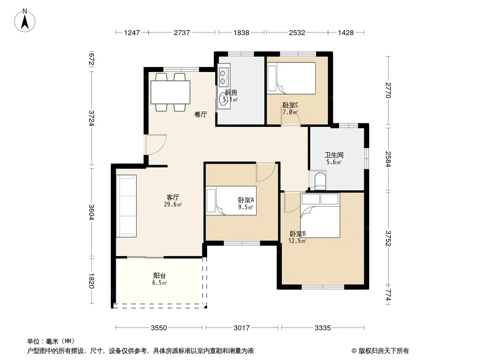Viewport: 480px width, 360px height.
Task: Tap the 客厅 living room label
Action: tap(172, 197)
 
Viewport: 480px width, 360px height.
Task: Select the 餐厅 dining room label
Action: tap(201, 115)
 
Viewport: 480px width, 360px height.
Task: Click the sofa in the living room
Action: tap(126, 206)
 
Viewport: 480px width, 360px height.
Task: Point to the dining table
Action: tap(170, 92)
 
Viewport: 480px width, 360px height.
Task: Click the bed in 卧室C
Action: tap(291, 78)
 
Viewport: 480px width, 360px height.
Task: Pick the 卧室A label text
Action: tap(246, 200)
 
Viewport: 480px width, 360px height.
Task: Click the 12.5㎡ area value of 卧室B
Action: tap(297, 241)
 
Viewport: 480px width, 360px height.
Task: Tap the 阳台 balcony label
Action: tap(159, 275)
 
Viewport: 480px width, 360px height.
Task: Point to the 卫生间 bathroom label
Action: tap(334, 155)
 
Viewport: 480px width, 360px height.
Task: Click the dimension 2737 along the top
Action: tap(182, 32)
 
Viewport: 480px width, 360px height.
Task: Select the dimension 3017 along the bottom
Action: tap(241, 328)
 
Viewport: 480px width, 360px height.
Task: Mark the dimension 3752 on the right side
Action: tap(388, 238)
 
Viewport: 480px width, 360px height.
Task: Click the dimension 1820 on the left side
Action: tap(91, 280)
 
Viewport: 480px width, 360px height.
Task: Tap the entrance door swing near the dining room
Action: tap(156, 144)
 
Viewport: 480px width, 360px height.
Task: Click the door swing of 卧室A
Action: tap(266, 172)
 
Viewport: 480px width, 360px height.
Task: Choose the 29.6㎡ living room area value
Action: tap(173, 205)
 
